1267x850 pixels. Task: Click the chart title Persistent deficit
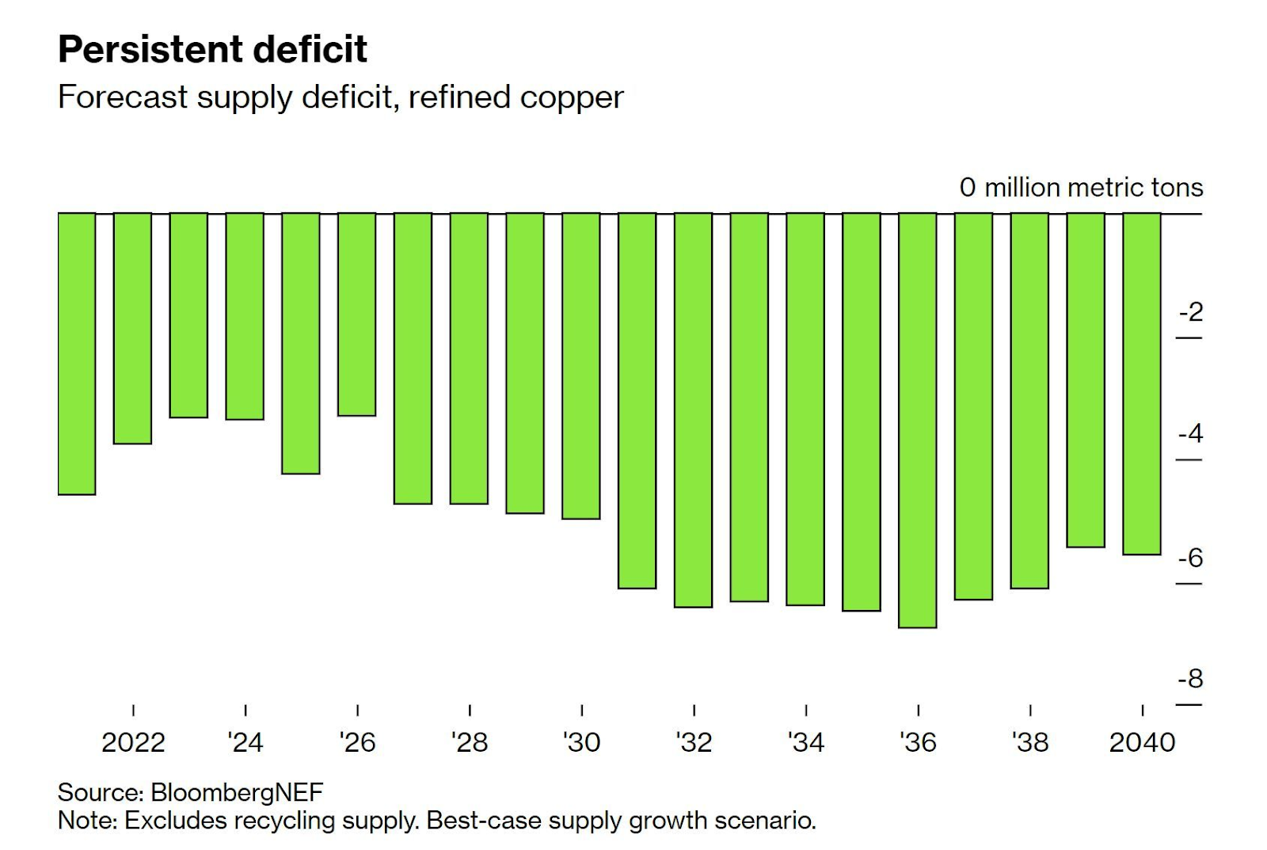coord(212,49)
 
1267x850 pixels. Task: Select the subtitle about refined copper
coord(341,97)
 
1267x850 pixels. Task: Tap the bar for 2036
coord(918,420)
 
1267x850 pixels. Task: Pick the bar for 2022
coord(132,328)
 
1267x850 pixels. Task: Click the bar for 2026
coord(357,314)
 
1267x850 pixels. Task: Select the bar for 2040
coord(1142,383)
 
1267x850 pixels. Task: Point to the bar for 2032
coord(694,410)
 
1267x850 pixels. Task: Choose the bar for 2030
coord(581,365)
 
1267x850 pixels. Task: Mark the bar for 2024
coord(245,316)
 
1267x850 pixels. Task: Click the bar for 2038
coord(1029,400)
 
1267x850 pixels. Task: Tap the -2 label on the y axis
coord(1190,312)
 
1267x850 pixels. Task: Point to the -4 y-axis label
coord(1190,433)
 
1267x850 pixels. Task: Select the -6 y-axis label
coord(1190,558)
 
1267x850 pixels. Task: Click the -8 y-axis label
coord(1190,679)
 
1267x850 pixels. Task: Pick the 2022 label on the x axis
coord(133,742)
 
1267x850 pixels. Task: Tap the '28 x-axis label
coord(470,742)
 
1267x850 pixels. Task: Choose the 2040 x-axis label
coord(1142,742)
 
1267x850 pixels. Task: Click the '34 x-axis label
coord(806,742)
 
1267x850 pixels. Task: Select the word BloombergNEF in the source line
coord(237,792)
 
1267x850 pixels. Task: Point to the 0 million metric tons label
coord(1081,188)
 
